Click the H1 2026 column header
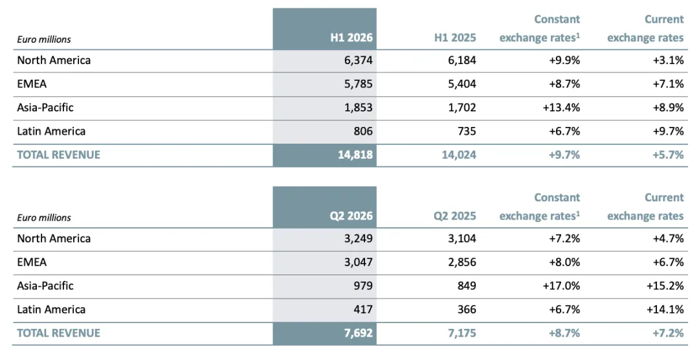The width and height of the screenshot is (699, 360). [351, 38]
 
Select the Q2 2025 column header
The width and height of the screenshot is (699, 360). [455, 216]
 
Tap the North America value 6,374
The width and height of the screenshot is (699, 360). [359, 60]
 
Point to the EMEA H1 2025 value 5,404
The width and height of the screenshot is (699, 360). [462, 84]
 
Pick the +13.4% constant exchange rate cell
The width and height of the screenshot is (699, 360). [561, 107]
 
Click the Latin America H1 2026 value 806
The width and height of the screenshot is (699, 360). [363, 131]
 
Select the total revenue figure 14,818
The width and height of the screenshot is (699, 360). [355, 155]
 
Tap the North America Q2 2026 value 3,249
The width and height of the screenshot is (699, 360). [359, 239]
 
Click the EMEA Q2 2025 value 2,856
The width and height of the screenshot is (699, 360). [462, 262]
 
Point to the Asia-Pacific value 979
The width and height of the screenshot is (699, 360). [363, 286]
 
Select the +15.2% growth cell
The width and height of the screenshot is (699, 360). [665, 286]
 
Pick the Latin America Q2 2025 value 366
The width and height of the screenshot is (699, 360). [467, 309]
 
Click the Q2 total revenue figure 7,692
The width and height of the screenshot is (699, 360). [359, 333]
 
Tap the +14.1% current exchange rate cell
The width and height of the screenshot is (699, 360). [665, 309]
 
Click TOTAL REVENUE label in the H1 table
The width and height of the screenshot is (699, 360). [58, 155]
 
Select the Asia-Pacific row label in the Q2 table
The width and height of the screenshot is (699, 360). [45, 286]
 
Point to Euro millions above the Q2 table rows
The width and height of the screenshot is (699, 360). [44, 218]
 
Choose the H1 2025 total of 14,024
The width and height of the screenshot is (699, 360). [459, 155]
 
